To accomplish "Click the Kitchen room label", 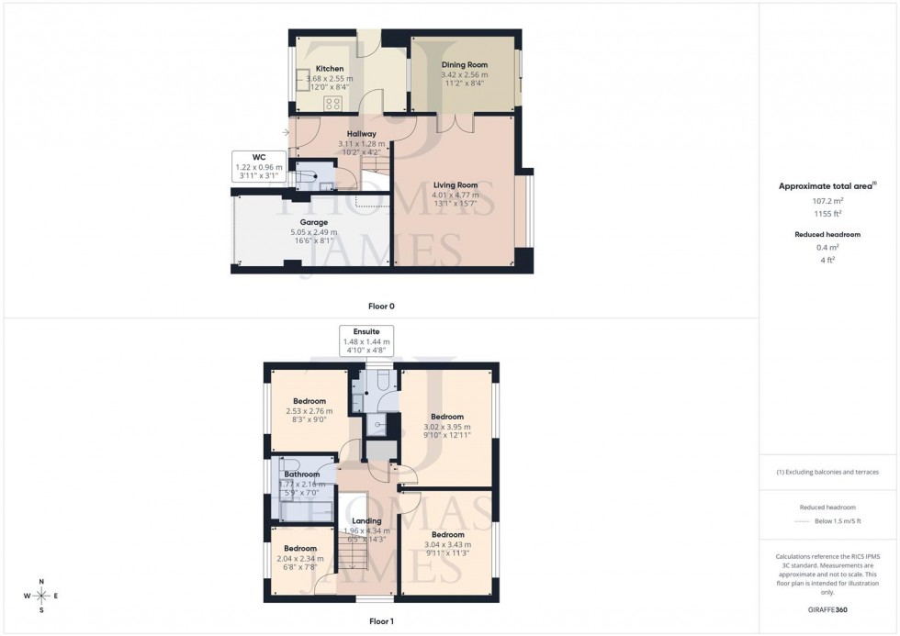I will click(330, 69).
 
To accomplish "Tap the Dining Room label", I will click(464, 65).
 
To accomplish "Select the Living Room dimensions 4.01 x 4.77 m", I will click(456, 195).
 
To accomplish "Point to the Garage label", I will click(313, 222).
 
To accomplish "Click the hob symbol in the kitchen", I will click(332, 104).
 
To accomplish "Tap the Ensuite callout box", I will click(366, 340).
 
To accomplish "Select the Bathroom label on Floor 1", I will click(301, 474).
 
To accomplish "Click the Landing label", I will click(367, 520).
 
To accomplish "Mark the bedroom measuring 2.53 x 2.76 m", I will click(309, 410).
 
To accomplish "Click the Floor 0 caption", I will click(381, 306).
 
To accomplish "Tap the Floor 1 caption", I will click(381, 621).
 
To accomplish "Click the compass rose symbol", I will click(41, 597).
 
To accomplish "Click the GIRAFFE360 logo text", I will click(827, 608).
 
